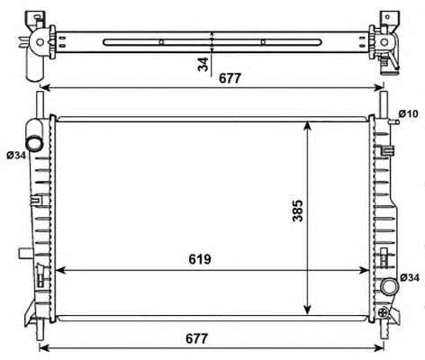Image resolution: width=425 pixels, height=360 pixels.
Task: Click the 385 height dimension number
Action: tap(298, 211)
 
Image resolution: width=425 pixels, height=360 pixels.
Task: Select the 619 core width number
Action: tap(200, 259)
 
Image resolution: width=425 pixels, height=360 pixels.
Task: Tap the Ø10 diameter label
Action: tap(408, 114)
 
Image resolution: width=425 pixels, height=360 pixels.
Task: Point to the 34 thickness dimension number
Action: tap(203, 64)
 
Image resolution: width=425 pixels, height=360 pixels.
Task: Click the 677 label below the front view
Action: tap(196, 338)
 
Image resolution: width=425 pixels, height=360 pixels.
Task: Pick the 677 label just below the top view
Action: tap(230, 78)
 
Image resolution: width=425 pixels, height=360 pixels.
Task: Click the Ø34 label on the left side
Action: tap(16, 156)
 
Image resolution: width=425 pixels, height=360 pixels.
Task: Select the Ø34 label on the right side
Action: tap(410, 278)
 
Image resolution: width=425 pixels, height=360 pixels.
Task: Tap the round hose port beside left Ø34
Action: tap(34, 143)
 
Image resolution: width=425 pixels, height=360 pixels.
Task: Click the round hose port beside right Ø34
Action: tap(390, 286)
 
